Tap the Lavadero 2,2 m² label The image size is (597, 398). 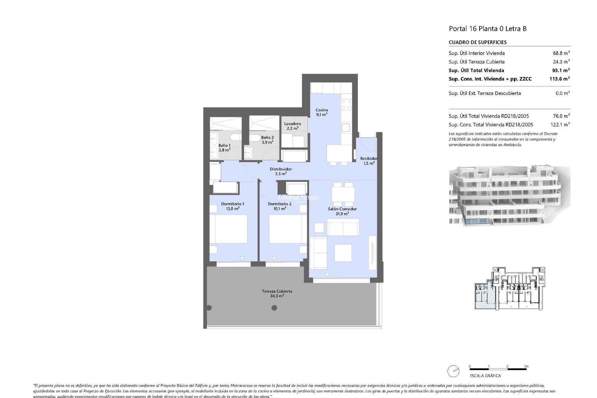click(292, 126)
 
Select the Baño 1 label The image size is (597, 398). click(224, 147)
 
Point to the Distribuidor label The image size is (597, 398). click(280, 171)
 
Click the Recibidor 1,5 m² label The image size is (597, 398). click(369, 161)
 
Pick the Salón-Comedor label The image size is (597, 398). click(342, 211)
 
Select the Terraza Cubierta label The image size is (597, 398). click(277, 294)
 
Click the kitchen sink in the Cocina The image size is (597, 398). click(345, 127)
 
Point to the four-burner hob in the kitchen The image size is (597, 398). click(346, 104)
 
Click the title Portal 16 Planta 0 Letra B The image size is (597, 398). click(488, 29)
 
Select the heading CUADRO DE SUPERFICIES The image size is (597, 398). click(478, 42)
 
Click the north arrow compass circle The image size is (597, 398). click(453, 371)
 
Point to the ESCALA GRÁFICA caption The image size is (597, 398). click(485, 376)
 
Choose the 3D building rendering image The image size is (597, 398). click(509, 196)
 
